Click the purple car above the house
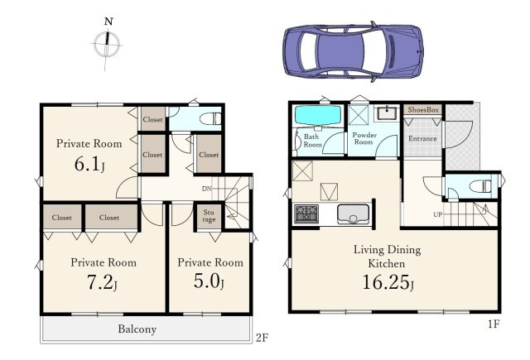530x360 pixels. pyautogui.click(x=353, y=51)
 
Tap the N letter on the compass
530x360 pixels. pyautogui.click(x=108, y=22)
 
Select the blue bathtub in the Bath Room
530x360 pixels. pyautogui.click(x=318, y=116)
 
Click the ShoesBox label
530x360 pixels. pyautogui.click(x=423, y=109)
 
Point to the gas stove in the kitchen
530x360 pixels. pyautogui.click(x=306, y=214)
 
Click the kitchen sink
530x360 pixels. pyautogui.click(x=354, y=214)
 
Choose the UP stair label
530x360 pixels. pyautogui.click(x=438, y=214)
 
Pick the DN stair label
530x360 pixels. pyautogui.click(x=206, y=189)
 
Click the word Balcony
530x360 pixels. pyautogui.click(x=137, y=329)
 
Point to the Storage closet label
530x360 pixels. pyautogui.click(x=209, y=216)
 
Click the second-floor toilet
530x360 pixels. pyautogui.click(x=210, y=119)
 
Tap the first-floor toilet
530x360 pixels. pyautogui.click(x=481, y=186)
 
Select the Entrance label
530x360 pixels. pyautogui.click(x=422, y=138)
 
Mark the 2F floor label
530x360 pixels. pyautogui.click(x=263, y=338)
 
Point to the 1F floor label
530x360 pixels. pyautogui.click(x=494, y=324)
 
